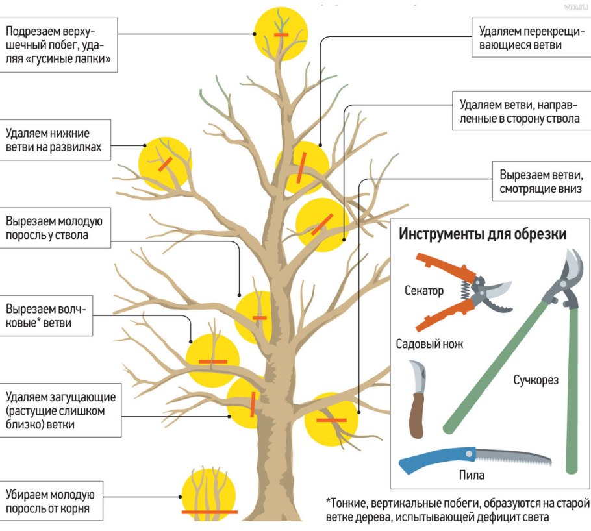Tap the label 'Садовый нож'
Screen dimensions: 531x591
429,344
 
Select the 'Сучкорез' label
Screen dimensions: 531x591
536,378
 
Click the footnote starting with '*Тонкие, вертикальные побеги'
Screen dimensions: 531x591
457,510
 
